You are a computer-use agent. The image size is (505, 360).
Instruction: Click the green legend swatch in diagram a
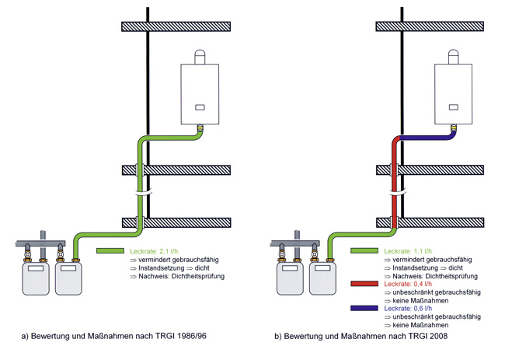point(110,251)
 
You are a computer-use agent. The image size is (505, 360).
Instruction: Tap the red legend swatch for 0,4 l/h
point(365,286)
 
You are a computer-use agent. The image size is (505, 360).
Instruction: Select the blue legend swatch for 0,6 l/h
point(365,309)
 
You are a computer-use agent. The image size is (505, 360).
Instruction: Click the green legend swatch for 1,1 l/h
point(365,251)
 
